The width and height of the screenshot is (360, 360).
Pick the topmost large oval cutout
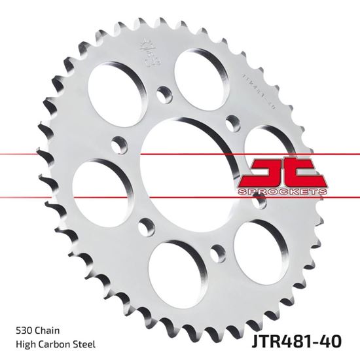(x=199, y=71)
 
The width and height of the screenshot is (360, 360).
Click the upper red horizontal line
(x=65, y=154)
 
